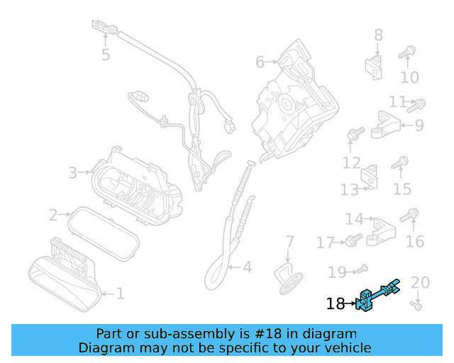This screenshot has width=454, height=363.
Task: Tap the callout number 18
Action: [x=335, y=304]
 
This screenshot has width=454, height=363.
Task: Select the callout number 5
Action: [x=106, y=55]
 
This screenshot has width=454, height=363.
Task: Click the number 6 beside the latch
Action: [x=260, y=62]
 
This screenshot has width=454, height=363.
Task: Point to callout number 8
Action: [x=378, y=34]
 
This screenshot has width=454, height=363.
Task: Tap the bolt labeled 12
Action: [x=355, y=133]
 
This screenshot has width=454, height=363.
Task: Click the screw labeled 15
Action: [x=401, y=163]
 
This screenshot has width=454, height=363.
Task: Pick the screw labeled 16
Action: [x=411, y=213]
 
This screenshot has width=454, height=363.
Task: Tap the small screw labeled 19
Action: [x=362, y=268]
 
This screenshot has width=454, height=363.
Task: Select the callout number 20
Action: [x=421, y=283]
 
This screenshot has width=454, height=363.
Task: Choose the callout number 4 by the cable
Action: [x=246, y=267]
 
